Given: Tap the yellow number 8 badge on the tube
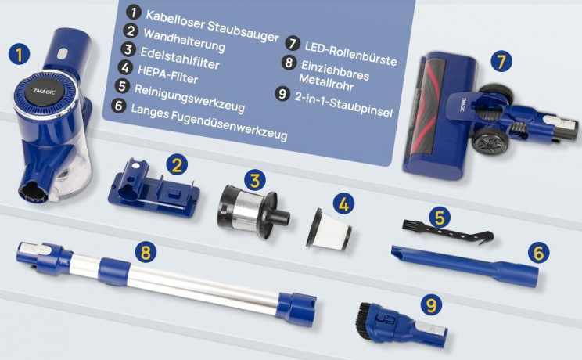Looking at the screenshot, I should point(144,251).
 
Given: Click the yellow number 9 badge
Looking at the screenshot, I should point(429,302).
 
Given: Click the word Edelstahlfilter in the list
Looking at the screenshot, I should point(180,58).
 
